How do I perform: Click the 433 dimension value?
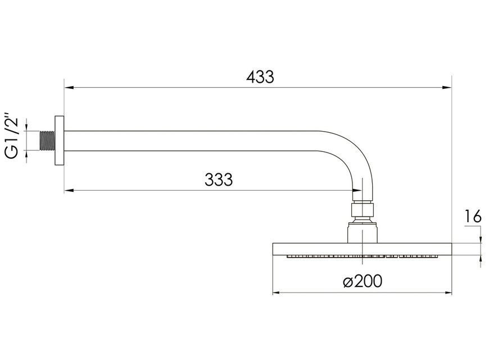[260, 77]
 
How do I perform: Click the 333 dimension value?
[219, 179]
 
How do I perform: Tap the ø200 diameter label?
[363, 281]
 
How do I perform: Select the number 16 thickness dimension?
[473, 217]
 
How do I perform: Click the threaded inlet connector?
[48, 141]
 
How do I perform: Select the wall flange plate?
[60, 141]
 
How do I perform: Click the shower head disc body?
[363, 249]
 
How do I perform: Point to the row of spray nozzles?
[363, 256]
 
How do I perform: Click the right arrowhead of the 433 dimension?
[447, 88]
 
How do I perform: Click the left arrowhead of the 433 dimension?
[69, 88]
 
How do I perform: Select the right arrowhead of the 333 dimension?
[357, 190]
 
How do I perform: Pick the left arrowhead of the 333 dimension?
[69, 190]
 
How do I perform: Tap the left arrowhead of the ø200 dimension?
[278, 293]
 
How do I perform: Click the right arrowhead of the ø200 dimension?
[447, 293]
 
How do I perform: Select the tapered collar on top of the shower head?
[363, 231]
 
